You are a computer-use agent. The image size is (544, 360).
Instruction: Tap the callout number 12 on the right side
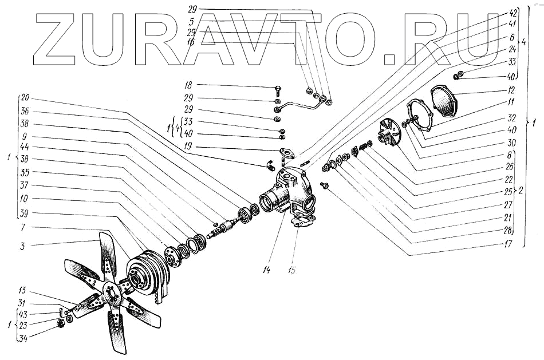pos(511,90)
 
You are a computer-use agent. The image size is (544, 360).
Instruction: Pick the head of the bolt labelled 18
pos(278,89)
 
